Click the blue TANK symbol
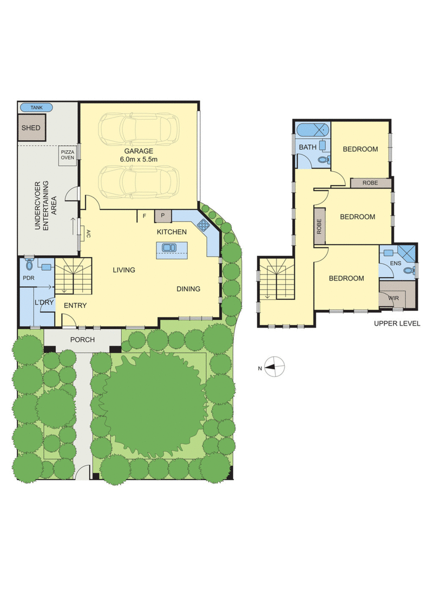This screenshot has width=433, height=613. pyautogui.click(x=36, y=107)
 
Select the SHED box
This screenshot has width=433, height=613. pyautogui.click(x=31, y=127)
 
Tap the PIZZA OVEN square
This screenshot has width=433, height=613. pyautogui.click(x=67, y=155)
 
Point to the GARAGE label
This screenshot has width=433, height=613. pyautogui.click(x=139, y=151)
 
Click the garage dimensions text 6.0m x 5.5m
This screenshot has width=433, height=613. pyautogui.click(x=139, y=160)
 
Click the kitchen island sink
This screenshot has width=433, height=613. pyautogui.click(x=169, y=247)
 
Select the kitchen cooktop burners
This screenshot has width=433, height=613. pyautogui.click(x=204, y=224)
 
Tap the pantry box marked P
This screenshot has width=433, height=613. pyautogui.click(x=163, y=216)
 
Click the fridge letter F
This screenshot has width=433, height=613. pyautogui.click(x=144, y=216)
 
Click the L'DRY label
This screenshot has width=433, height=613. pyautogui.click(x=44, y=302)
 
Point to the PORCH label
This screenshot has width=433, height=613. pyautogui.click(x=82, y=340)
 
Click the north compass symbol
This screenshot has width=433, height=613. pyautogui.click(x=274, y=367)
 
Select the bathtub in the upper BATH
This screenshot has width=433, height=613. pyautogui.click(x=313, y=129)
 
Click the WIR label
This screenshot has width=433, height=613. pyautogui.click(x=393, y=298)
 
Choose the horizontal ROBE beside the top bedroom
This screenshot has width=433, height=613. pyautogui.click(x=370, y=183)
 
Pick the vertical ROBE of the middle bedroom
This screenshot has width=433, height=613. pyautogui.click(x=319, y=226)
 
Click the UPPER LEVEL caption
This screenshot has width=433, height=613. pyautogui.click(x=397, y=323)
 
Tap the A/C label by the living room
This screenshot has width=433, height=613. pyautogui.click(x=88, y=234)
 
